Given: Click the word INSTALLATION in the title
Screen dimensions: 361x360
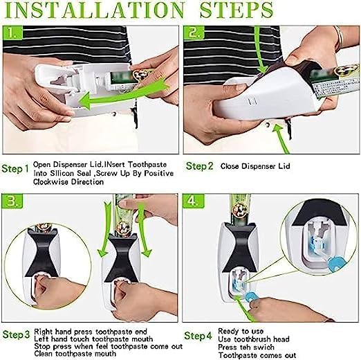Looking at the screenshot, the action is [x=95, y=10].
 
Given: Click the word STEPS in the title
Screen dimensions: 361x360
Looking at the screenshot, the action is [x=237, y=10].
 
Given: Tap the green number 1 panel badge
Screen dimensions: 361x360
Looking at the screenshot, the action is [x=12, y=33].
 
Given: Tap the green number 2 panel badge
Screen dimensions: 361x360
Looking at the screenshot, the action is [x=194, y=33].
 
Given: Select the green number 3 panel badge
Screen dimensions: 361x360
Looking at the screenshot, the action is [x=12, y=201].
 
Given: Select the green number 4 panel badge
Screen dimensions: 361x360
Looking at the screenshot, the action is [x=193, y=201].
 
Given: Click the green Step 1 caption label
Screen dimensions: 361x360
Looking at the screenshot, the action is [x=15, y=169].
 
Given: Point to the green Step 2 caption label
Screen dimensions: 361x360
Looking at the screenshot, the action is [x=200, y=166].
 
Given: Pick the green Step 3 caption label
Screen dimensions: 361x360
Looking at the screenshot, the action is [x=16, y=335].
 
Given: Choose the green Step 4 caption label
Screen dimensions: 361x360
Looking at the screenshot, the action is [x=198, y=336].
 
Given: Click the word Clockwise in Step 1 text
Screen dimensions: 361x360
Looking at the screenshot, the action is [x=51, y=182].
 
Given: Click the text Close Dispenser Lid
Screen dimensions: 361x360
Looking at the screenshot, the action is [x=255, y=166].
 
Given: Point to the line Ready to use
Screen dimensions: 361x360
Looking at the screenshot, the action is [x=241, y=332].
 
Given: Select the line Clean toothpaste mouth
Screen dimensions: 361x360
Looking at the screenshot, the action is [x=75, y=353].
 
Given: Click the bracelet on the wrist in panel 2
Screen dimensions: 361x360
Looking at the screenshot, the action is [x=340, y=37].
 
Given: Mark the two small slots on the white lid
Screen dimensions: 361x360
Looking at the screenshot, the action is [x=252, y=101].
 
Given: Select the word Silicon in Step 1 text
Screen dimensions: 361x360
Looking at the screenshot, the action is [x=59, y=173].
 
